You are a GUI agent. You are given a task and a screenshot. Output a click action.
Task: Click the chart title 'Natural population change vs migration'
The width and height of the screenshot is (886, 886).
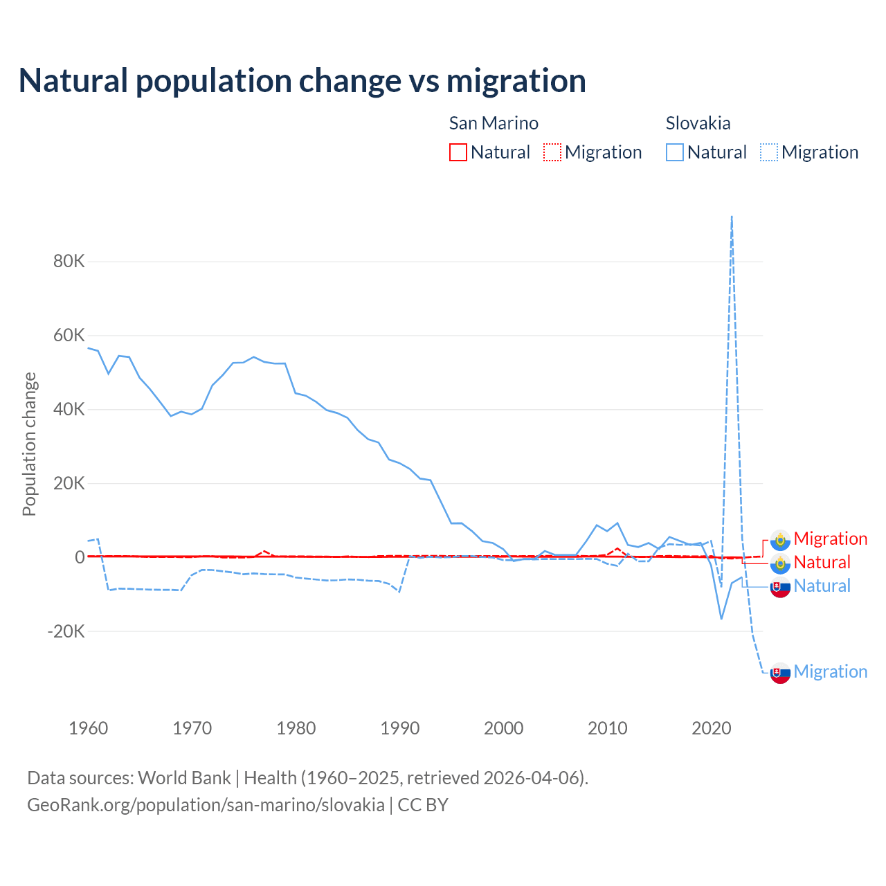(x=302, y=81)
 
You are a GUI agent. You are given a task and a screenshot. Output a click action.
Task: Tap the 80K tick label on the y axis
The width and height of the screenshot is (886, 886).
(x=69, y=262)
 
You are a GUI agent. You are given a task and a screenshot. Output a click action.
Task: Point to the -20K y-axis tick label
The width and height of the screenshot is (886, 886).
(x=66, y=631)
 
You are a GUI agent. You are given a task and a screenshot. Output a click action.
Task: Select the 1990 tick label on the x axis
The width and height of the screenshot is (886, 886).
(x=400, y=728)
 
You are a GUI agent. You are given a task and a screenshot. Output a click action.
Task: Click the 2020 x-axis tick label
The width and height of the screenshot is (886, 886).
(x=712, y=728)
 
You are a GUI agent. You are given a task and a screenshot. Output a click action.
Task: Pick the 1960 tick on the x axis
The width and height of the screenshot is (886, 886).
(x=89, y=728)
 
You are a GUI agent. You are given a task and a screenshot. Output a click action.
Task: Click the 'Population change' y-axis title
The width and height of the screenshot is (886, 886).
(x=29, y=444)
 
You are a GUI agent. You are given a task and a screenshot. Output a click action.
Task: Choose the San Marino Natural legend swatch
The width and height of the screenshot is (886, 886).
(x=458, y=152)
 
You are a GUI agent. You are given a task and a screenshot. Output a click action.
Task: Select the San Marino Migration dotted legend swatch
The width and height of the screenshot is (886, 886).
(x=552, y=152)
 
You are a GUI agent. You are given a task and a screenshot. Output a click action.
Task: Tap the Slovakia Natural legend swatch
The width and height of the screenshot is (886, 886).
(x=675, y=152)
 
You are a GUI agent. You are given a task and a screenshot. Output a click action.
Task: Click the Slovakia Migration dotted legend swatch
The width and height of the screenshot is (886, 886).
(x=769, y=152)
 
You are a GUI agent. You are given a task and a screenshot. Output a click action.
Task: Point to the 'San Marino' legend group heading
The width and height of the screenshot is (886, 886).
(x=494, y=123)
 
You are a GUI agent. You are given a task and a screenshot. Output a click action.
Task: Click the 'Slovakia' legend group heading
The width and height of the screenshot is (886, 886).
(x=698, y=123)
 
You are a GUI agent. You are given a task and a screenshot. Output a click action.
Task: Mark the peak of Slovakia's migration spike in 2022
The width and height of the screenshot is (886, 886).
(x=732, y=217)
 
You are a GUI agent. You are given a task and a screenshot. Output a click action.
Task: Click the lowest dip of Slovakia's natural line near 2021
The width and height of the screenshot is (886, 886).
(x=721, y=618)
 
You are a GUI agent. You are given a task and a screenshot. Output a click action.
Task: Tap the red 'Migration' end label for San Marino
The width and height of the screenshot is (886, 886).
(x=830, y=539)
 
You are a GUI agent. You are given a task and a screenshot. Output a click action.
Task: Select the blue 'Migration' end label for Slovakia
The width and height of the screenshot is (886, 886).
(x=830, y=671)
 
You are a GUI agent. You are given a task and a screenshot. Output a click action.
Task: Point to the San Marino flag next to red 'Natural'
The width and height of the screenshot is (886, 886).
(x=780, y=563)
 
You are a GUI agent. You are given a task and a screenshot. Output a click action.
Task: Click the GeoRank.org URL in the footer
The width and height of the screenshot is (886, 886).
(x=206, y=805)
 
